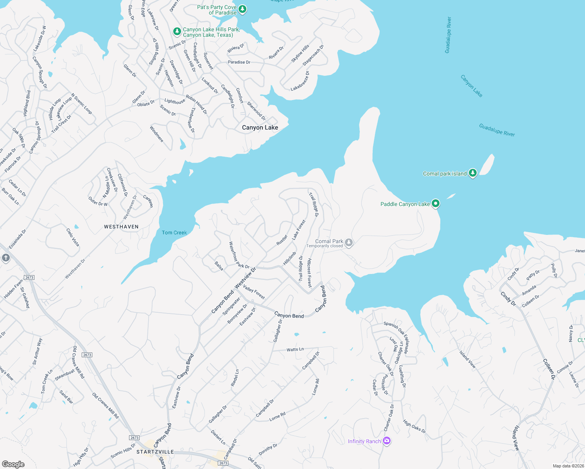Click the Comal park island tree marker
472,173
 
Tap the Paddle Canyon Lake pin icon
435,204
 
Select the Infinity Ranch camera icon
387,441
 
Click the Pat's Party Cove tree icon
242,9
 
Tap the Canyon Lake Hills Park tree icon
177,31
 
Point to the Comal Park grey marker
349,243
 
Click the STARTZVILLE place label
155,452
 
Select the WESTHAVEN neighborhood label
121,227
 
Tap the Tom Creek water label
174,233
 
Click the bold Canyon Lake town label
260,127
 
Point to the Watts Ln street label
295,349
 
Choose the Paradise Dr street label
239,62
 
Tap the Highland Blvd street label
27,103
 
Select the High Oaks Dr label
414,426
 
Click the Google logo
13,464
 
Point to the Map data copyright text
568,466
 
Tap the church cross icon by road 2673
5,258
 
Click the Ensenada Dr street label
18,239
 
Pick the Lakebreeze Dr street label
300,81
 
